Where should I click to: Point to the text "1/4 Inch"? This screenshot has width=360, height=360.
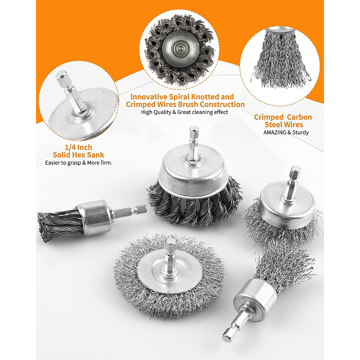pos(78,147)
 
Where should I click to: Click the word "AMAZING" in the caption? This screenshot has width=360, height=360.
pos(275,132)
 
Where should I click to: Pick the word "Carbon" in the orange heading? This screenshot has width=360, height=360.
pos(299,117)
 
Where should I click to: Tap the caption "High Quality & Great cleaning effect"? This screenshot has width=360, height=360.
pos(184,112)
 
